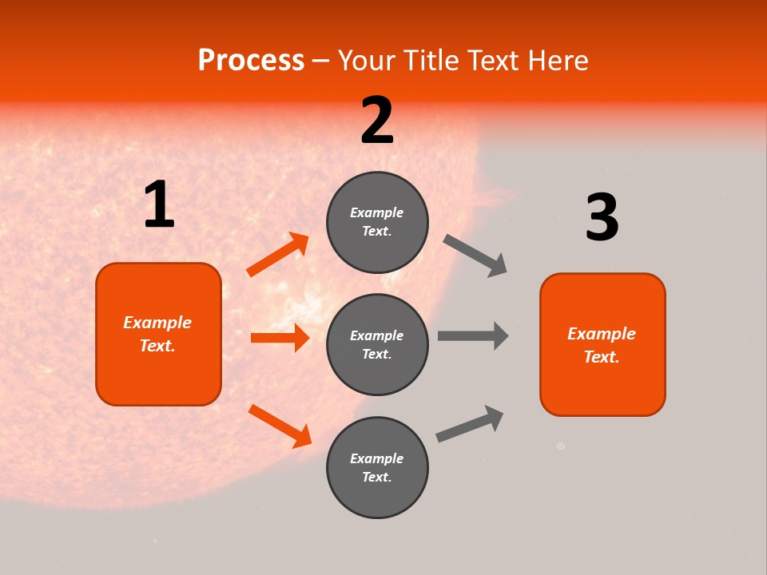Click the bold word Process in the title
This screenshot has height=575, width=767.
tap(251, 60)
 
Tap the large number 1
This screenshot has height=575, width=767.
tap(159, 205)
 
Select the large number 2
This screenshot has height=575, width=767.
tap(377, 121)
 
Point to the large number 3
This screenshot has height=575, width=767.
tap(602, 217)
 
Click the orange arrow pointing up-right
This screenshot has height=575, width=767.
tap(278, 255)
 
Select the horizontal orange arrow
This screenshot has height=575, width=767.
tap(280, 338)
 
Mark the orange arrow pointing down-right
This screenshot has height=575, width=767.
tap(280, 426)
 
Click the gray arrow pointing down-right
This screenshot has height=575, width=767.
tap(475, 256)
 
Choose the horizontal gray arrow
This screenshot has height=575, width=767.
tap(473, 335)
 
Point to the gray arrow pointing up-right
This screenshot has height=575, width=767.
tap(470, 423)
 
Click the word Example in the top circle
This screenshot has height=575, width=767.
tap(377, 212)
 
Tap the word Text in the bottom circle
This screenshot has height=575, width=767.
tap(376, 477)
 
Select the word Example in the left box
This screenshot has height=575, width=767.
tap(157, 323)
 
